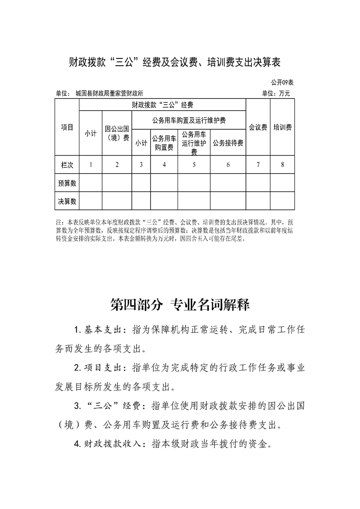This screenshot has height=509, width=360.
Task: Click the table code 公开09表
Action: (x=282, y=83)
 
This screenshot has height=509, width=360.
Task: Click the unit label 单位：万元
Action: (x=276, y=94)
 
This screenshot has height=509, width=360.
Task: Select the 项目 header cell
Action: (x=67, y=127)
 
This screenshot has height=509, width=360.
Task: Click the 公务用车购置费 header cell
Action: (x=164, y=142)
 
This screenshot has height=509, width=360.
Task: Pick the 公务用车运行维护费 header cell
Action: (x=194, y=142)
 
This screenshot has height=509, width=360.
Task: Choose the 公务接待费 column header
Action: (x=228, y=143)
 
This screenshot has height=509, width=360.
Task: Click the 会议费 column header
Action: (x=258, y=127)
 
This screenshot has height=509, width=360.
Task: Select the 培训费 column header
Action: (x=282, y=127)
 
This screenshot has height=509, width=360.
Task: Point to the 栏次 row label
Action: (x=67, y=165)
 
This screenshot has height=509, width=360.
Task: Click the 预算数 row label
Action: (x=67, y=183)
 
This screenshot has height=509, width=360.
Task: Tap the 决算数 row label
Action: (x=67, y=201)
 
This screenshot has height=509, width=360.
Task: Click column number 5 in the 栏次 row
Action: (x=194, y=165)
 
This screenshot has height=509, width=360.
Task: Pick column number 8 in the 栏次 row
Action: (x=282, y=165)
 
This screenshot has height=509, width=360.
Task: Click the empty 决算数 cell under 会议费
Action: (x=258, y=201)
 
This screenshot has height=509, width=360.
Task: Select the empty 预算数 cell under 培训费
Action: (x=282, y=183)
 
